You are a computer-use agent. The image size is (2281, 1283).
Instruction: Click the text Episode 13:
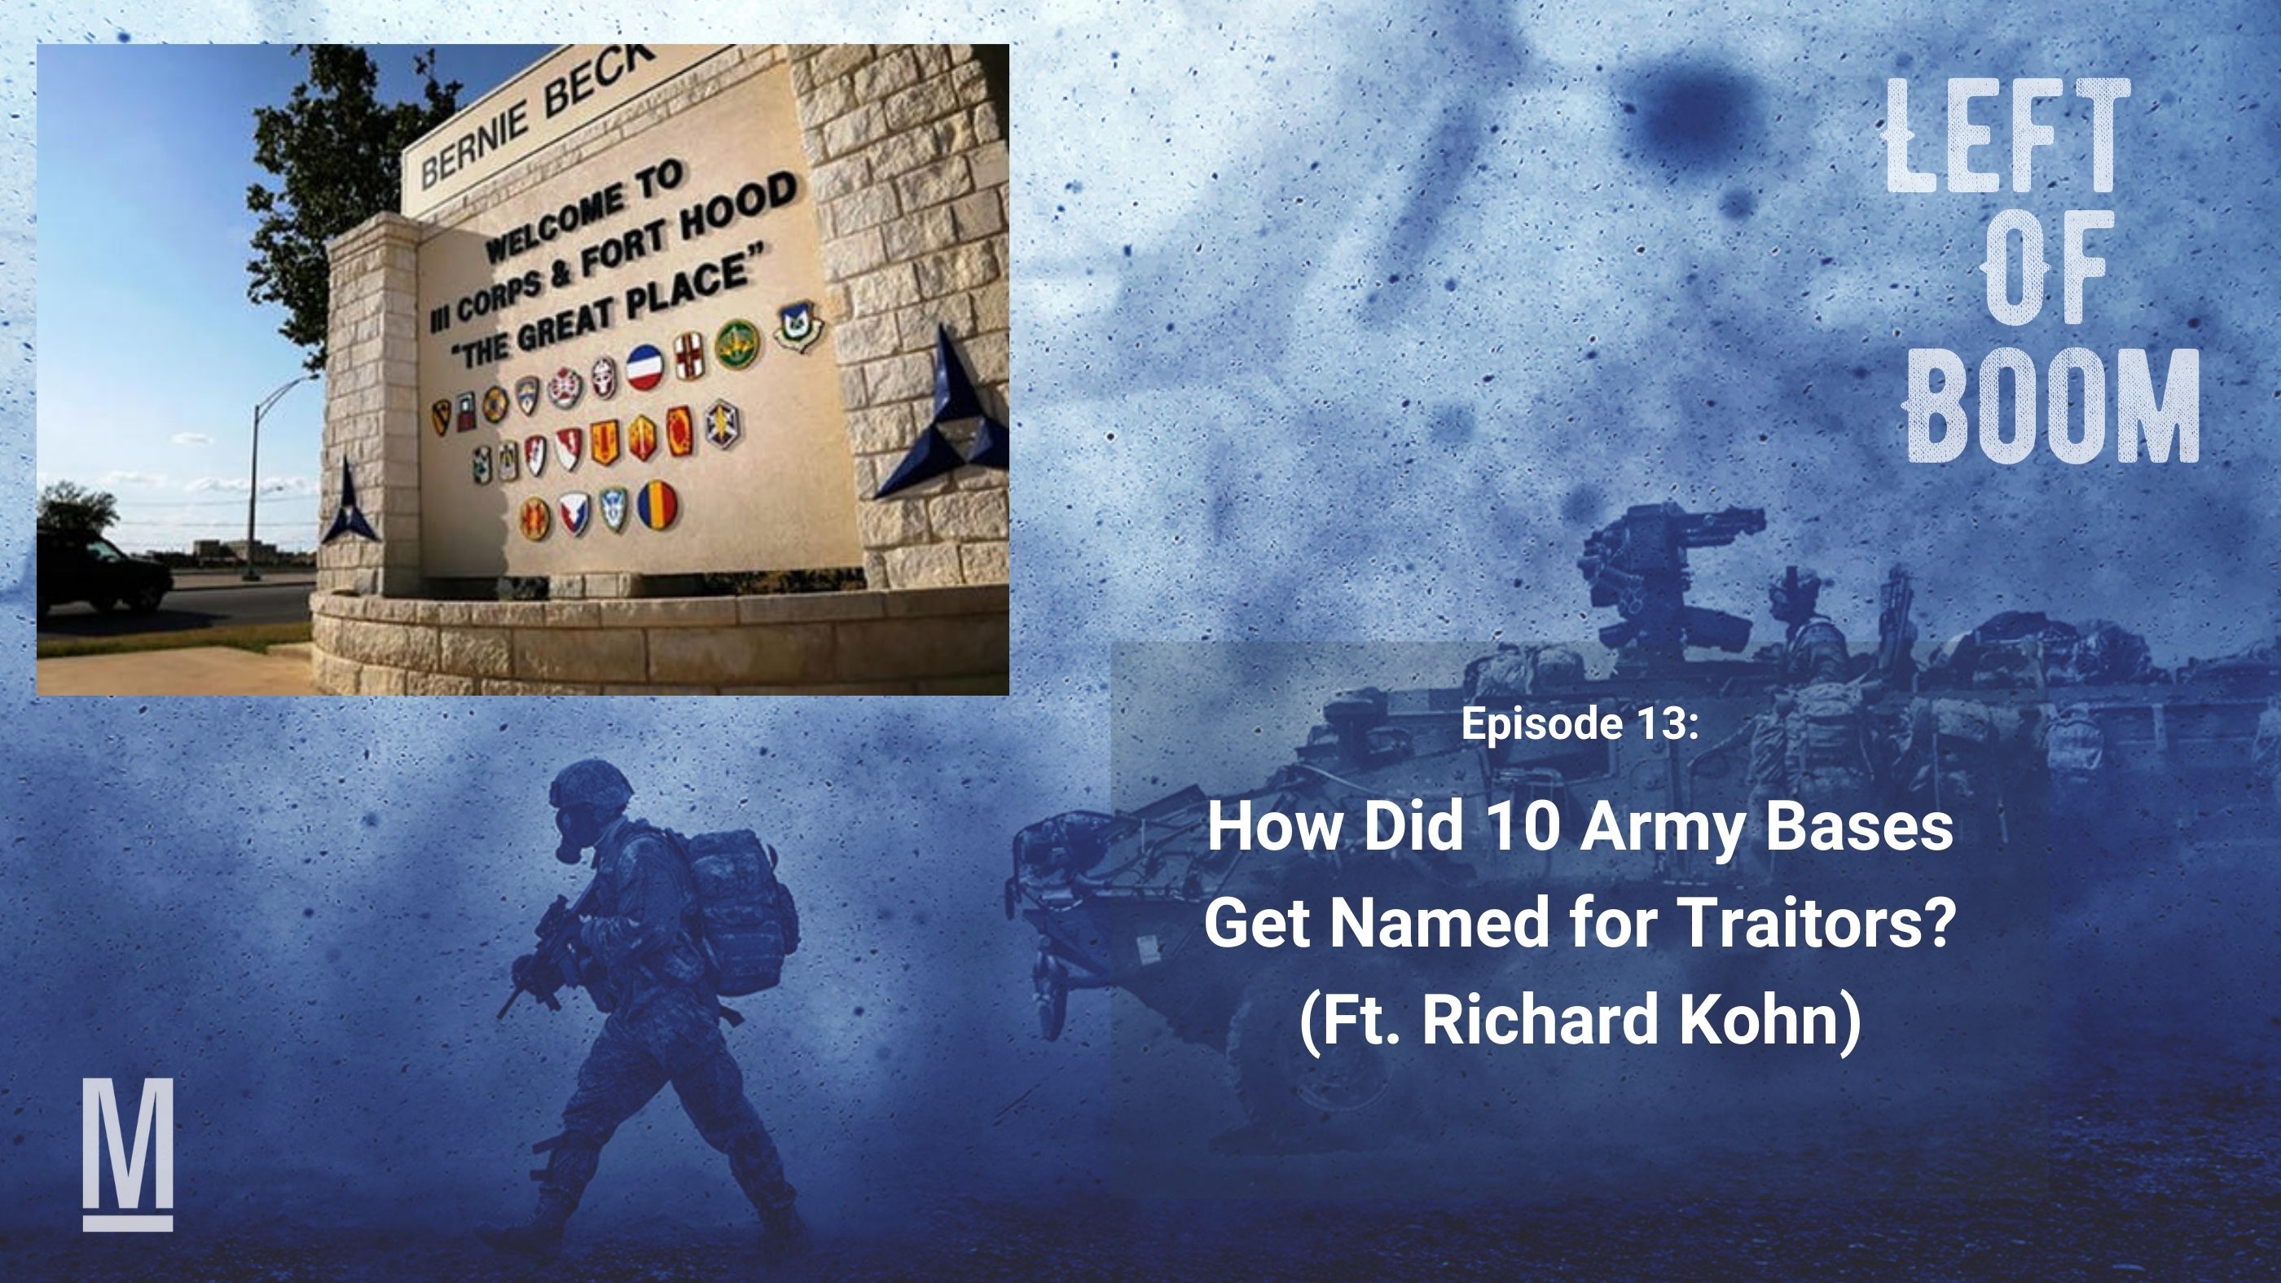click(x=1580, y=723)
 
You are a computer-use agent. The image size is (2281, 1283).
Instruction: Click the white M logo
click(x=128, y=1153)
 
